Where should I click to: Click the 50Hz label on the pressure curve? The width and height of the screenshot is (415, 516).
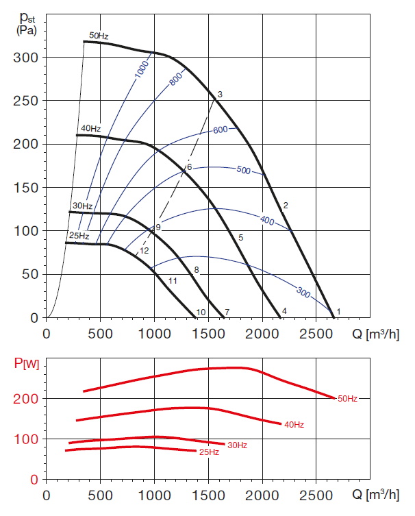(x=99, y=36)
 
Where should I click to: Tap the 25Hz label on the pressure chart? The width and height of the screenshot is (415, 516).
(x=79, y=236)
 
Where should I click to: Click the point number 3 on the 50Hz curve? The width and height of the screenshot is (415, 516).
(x=220, y=94)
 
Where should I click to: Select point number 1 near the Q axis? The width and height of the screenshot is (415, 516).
(x=338, y=312)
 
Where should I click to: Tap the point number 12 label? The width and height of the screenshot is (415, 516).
(x=144, y=251)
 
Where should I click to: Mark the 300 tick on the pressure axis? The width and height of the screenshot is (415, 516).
(x=26, y=58)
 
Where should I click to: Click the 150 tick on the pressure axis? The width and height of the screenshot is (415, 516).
(x=26, y=188)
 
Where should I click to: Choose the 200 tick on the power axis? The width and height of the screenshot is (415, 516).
(x=26, y=399)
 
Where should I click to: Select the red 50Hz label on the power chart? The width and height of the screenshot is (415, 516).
(x=348, y=398)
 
